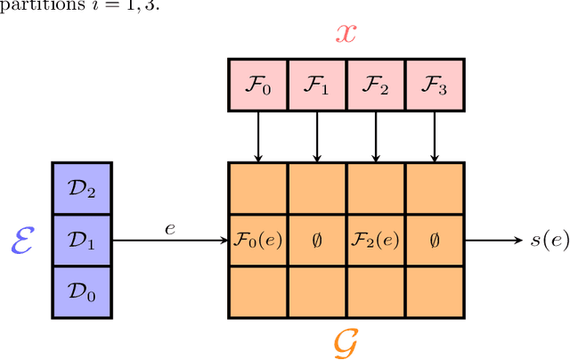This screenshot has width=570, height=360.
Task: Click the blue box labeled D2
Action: [x=82, y=188]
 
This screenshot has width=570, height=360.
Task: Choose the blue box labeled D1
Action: [x=82, y=241]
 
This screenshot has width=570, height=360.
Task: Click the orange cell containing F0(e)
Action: [x=258, y=241]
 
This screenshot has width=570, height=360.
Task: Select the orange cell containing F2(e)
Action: [x=376, y=241]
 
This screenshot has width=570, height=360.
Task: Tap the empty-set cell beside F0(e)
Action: [x=317, y=241]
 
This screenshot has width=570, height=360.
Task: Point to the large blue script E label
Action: [x=24, y=241]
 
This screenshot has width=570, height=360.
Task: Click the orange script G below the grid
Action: [x=345, y=341]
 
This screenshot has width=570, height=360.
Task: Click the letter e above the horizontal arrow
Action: [x=170, y=229]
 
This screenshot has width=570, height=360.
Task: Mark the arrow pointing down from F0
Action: [x=258, y=135]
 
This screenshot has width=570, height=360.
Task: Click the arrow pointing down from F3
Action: [x=435, y=135]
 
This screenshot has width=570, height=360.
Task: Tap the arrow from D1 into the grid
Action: [x=169, y=241]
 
